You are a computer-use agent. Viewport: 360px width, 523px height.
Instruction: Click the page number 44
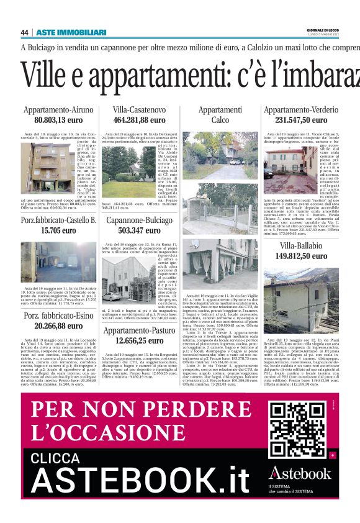pyautogui.click(x=25, y=32)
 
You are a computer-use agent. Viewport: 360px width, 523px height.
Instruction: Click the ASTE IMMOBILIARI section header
pyautogui.click(x=71, y=32)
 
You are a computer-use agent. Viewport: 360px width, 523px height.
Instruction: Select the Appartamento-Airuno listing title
pyautogui.click(x=58, y=110)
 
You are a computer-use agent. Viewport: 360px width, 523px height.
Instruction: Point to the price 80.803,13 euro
pyautogui.click(x=58, y=121)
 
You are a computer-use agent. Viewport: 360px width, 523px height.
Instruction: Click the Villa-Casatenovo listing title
pyautogui.click(x=139, y=110)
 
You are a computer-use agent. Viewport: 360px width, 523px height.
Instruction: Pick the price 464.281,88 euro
pyautogui.click(x=139, y=121)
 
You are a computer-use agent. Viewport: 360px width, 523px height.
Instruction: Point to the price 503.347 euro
pyautogui.click(x=139, y=230)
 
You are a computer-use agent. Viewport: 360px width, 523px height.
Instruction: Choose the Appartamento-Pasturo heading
pyautogui.click(x=139, y=330)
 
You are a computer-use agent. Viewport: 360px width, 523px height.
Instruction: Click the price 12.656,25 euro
pyautogui.click(x=139, y=340)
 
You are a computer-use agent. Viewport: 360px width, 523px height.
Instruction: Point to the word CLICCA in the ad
pyautogui.click(x=66, y=457)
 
